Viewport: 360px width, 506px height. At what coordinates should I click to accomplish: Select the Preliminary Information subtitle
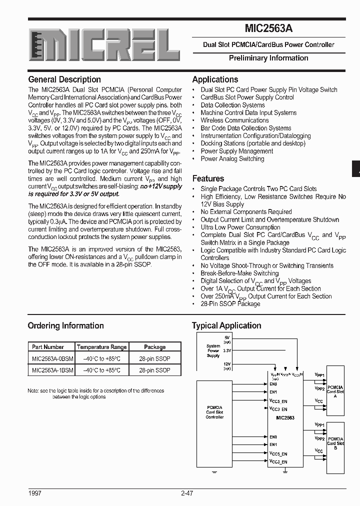coord(268,58)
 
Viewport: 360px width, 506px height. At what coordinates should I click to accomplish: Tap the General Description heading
coord(64,79)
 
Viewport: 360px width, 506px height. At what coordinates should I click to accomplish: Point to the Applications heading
coord(215,79)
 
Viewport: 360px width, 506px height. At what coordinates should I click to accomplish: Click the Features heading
coord(208,178)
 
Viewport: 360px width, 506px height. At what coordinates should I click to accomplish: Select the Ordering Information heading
coord(65,325)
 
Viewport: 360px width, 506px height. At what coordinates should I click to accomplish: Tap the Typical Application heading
coord(226,325)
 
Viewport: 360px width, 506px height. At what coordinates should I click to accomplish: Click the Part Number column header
coord(48,346)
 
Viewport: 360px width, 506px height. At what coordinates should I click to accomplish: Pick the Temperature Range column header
coord(101,346)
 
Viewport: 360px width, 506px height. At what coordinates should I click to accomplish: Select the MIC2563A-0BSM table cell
coord(52,358)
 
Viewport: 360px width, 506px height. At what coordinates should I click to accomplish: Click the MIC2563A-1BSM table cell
coord(52,370)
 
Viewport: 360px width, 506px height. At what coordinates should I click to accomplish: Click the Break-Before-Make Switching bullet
coord(239,273)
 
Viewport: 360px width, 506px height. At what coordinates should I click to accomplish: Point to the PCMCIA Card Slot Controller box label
coord(214,412)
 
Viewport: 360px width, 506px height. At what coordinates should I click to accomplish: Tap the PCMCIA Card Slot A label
coord(335,390)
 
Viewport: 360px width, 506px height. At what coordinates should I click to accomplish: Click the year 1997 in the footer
coord(34,493)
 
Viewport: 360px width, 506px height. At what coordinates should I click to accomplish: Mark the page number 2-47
coord(187,493)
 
